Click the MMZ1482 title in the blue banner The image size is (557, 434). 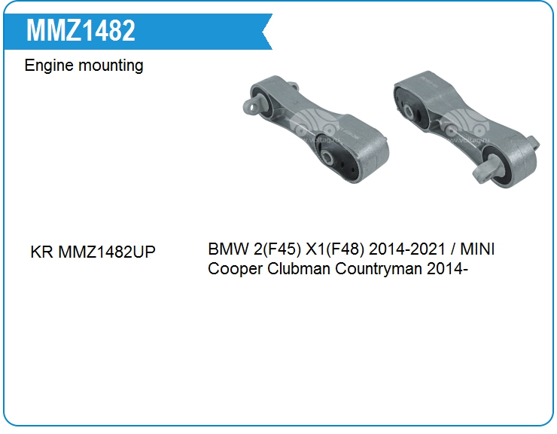[x=81, y=30]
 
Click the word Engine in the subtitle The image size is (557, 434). [x=49, y=66]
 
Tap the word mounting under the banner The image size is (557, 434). [x=111, y=66]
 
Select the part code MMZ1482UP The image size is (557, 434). [x=107, y=252]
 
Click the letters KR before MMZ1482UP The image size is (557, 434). [x=41, y=252]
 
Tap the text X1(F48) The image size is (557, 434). [x=335, y=249]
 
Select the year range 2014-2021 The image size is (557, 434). [x=407, y=249]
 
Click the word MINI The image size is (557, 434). [x=477, y=249]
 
